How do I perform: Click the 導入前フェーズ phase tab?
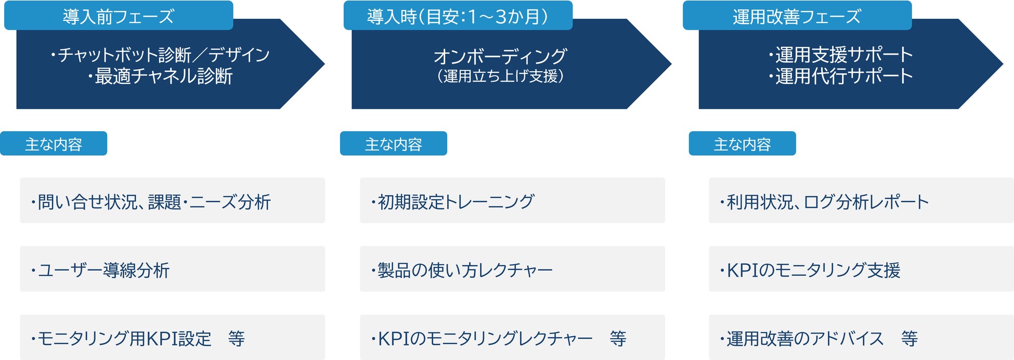119,16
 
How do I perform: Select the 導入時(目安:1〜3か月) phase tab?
458,16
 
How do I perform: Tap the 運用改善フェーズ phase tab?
797,16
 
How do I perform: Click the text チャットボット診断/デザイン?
160,55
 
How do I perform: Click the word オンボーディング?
500,56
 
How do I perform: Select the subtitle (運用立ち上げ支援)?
500,76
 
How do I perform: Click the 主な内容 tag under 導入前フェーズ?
54,144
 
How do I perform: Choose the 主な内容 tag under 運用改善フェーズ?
742,144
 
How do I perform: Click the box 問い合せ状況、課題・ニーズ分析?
172,201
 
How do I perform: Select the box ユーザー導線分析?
172,269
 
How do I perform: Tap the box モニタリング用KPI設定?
172,338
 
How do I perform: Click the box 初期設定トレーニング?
512,201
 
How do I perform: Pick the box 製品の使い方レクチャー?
512,269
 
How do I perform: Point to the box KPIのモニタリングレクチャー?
512,338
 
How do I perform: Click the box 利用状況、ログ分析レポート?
861,201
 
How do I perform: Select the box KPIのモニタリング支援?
861,269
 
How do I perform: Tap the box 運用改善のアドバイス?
861,338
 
